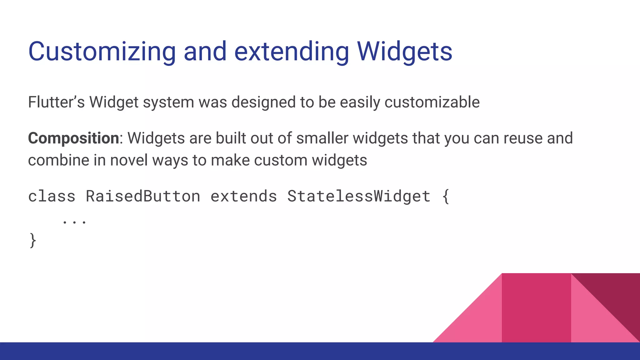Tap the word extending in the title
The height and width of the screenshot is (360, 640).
pyautogui.click(x=291, y=52)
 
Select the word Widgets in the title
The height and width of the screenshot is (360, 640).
pyautogui.click(x=404, y=52)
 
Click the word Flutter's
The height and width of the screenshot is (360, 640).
pyautogui.click(x=56, y=102)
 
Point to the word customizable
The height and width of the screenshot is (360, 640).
pyautogui.click(x=432, y=102)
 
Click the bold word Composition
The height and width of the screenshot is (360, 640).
pyautogui.click(x=73, y=138)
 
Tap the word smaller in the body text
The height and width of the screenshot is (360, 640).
pyautogui.click(x=322, y=138)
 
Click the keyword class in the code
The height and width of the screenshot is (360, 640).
pyautogui.click(x=52, y=197)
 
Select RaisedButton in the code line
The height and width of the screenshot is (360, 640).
pyautogui.click(x=143, y=197)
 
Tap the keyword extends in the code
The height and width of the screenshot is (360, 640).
pyautogui.click(x=244, y=197)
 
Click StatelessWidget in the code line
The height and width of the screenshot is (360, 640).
pyautogui.click(x=359, y=197)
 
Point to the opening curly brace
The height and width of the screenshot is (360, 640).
pyautogui.click(x=446, y=197)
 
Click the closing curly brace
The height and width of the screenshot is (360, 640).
pyautogui.click(x=32, y=240)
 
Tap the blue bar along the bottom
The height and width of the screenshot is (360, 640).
pyautogui.click(x=219, y=351)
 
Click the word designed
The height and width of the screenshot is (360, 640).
pyautogui.click(x=264, y=102)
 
